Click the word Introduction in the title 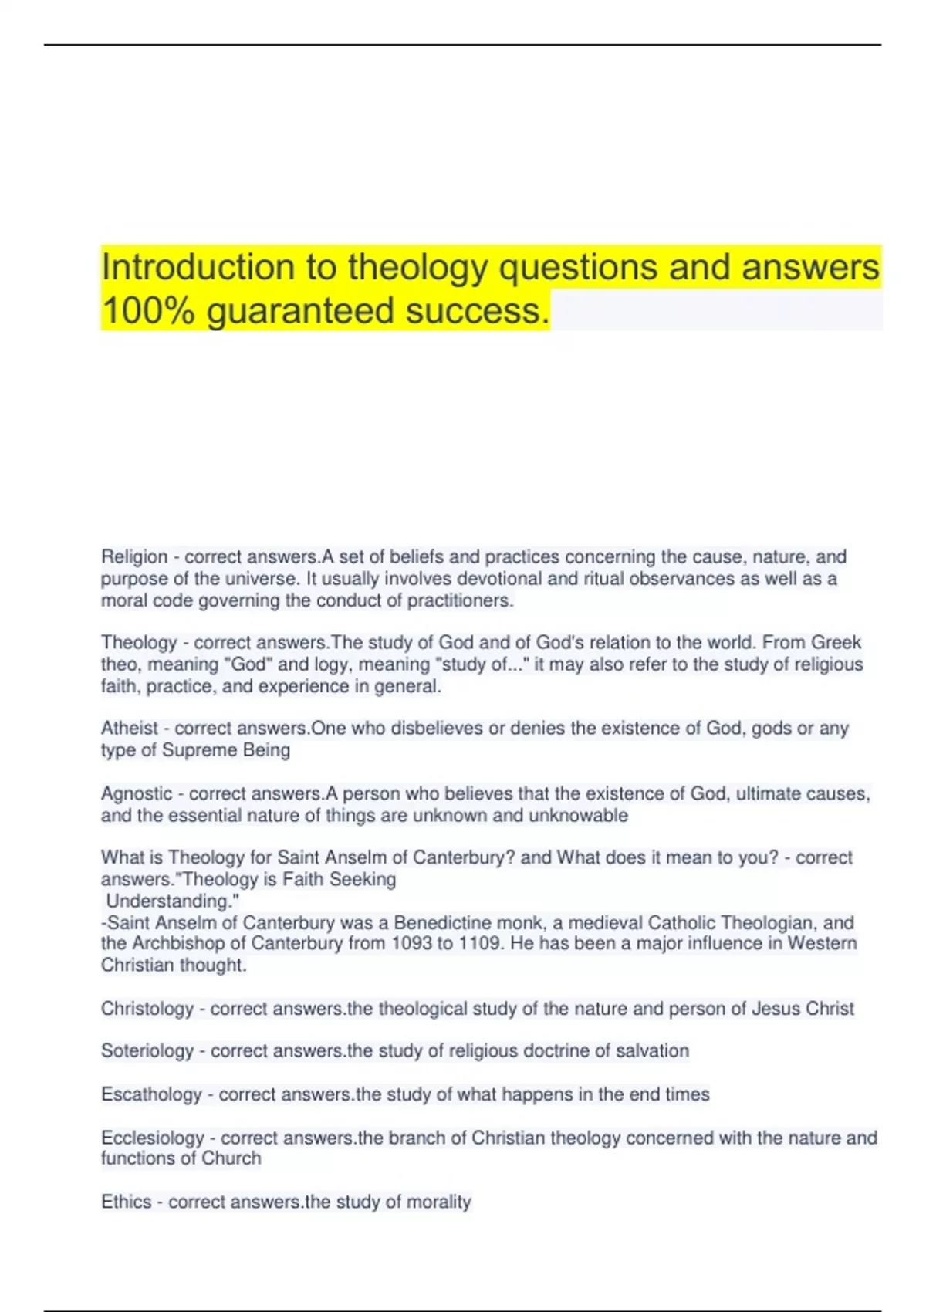198,267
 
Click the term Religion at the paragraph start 134,556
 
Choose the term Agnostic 137,793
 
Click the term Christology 147,1009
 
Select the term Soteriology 147,1051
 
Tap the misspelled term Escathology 151,1094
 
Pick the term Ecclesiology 153,1138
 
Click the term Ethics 126,1202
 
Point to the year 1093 413,943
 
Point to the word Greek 836,642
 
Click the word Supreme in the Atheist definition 200,750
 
